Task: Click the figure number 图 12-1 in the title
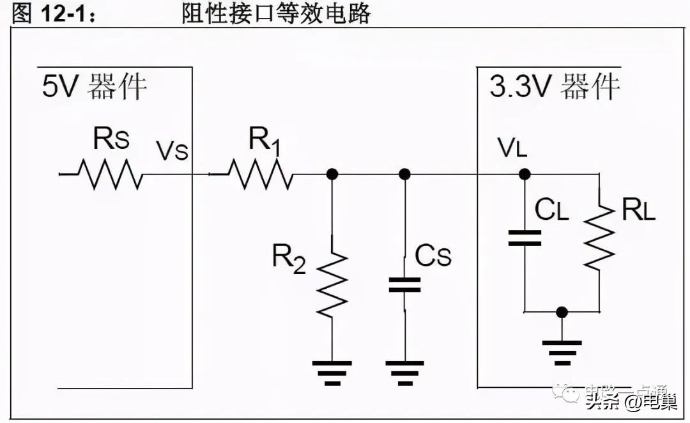pos(54,14)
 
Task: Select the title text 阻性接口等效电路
pos(276,13)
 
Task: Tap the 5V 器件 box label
pos(95,86)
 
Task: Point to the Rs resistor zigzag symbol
pos(110,174)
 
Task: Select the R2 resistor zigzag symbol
pos(332,284)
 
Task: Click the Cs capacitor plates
pos(404,285)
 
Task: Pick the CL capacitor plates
pos(525,238)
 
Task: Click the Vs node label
pos(172,152)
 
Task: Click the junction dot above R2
pos(332,174)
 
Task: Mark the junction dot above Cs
pos(404,174)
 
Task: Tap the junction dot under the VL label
pos(525,174)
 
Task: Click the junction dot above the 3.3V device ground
pos(562,312)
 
